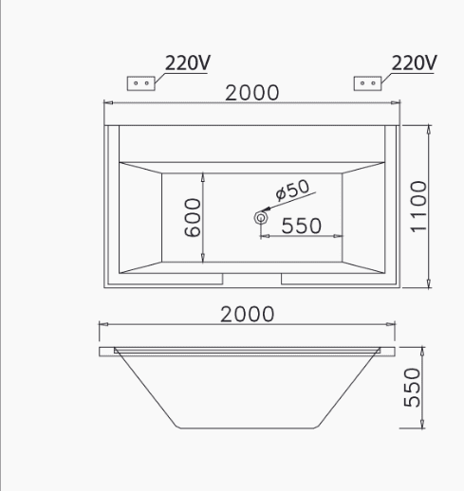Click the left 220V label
[x=188, y=63]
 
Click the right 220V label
[x=414, y=63]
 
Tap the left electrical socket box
[x=141, y=83]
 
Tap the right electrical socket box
[x=367, y=83]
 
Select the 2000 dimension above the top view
[x=252, y=93]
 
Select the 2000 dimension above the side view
[x=247, y=314]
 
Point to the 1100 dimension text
[x=418, y=207]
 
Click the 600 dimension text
[x=192, y=217]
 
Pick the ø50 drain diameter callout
[x=292, y=190]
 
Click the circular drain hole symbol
[x=261, y=218]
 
